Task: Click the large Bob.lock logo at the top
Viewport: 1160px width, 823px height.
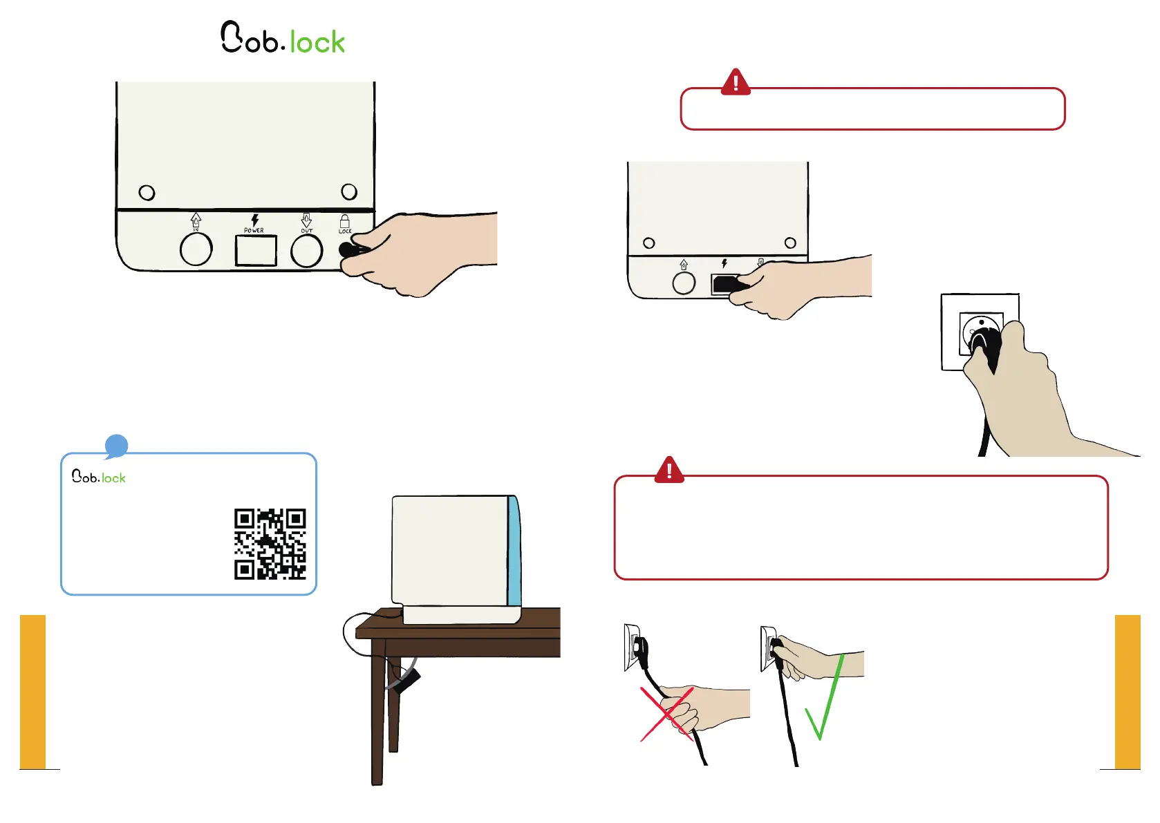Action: coord(283,39)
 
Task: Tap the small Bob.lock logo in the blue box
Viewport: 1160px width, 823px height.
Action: coord(99,477)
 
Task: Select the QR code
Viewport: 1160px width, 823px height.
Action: coord(270,544)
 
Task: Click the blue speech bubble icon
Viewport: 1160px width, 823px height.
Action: coord(116,446)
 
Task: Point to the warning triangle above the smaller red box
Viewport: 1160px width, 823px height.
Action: coord(736,83)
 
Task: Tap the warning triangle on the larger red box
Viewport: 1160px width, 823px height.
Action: coord(669,471)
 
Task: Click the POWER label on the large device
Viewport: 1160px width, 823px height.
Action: coord(254,230)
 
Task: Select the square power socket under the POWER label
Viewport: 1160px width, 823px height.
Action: coord(256,250)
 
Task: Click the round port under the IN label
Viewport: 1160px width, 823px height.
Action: coord(196,249)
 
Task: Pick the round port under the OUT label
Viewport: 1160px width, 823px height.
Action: coord(306,250)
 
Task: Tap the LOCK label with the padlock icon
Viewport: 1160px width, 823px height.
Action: coord(345,224)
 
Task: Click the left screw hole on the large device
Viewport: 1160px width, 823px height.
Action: coord(147,192)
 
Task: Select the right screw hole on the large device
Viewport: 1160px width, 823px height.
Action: coord(349,191)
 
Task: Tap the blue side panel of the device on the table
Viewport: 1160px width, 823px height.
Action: coord(514,551)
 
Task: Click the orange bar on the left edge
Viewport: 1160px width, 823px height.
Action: coord(32,692)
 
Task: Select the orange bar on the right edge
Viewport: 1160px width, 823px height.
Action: coord(1128,692)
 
